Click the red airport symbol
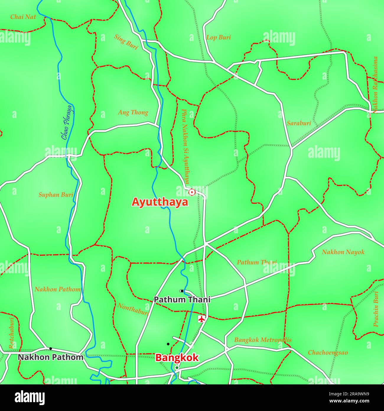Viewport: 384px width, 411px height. (x=202, y=319)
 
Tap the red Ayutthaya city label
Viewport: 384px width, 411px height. (x=160, y=202)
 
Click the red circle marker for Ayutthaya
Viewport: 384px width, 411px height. (x=192, y=192)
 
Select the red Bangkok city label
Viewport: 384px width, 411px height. (x=177, y=357)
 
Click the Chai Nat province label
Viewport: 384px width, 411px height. (x=23, y=17)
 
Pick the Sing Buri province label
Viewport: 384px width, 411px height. (x=126, y=42)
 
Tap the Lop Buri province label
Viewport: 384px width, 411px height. (x=219, y=38)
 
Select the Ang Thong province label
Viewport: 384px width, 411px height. (x=133, y=112)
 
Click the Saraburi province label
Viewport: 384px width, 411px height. (x=299, y=123)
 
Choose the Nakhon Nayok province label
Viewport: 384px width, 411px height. (x=343, y=252)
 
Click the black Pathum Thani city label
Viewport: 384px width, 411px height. (x=182, y=300)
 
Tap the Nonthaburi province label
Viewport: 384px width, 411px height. (x=133, y=309)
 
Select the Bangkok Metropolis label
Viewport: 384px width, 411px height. (x=263, y=340)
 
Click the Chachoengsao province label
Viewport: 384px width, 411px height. (x=328, y=352)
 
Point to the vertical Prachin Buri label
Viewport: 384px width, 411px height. (x=376, y=309)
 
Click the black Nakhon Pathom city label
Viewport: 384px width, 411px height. (x=51, y=357)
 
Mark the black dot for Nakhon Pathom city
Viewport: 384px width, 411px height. (x=51, y=349)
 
